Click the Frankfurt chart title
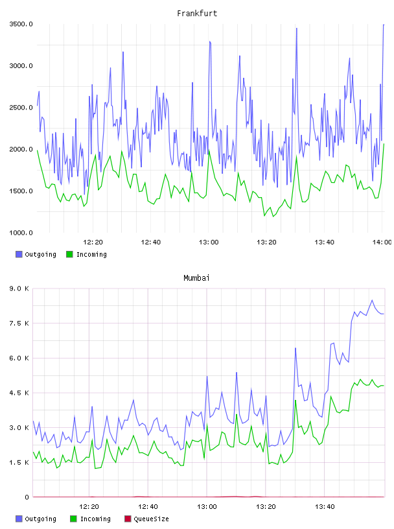click(x=197, y=13)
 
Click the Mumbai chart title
click(x=196, y=277)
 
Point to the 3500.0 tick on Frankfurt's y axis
click(x=21, y=24)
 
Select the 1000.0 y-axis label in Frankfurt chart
click(x=21, y=233)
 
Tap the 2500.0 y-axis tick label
click(x=21, y=107)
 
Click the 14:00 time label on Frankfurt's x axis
click(x=382, y=242)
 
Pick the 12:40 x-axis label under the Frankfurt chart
click(x=150, y=242)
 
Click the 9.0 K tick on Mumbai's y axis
click(x=19, y=288)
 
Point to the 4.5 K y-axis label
click(x=19, y=393)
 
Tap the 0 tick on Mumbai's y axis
click(x=27, y=497)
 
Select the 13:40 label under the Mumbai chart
click(x=325, y=506)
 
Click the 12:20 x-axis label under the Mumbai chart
click(x=89, y=506)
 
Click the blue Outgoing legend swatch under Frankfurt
click(x=19, y=254)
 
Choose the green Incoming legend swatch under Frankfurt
click(x=69, y=254)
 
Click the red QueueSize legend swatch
click(x=128, y=519)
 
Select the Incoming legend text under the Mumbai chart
click(x=95, y=519)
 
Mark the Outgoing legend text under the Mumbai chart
click(x=40, y=519)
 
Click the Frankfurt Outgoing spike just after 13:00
click(x=210, y=42)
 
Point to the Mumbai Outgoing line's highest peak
click(x=372, y=300)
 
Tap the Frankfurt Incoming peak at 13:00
click(x=209, y=150)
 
